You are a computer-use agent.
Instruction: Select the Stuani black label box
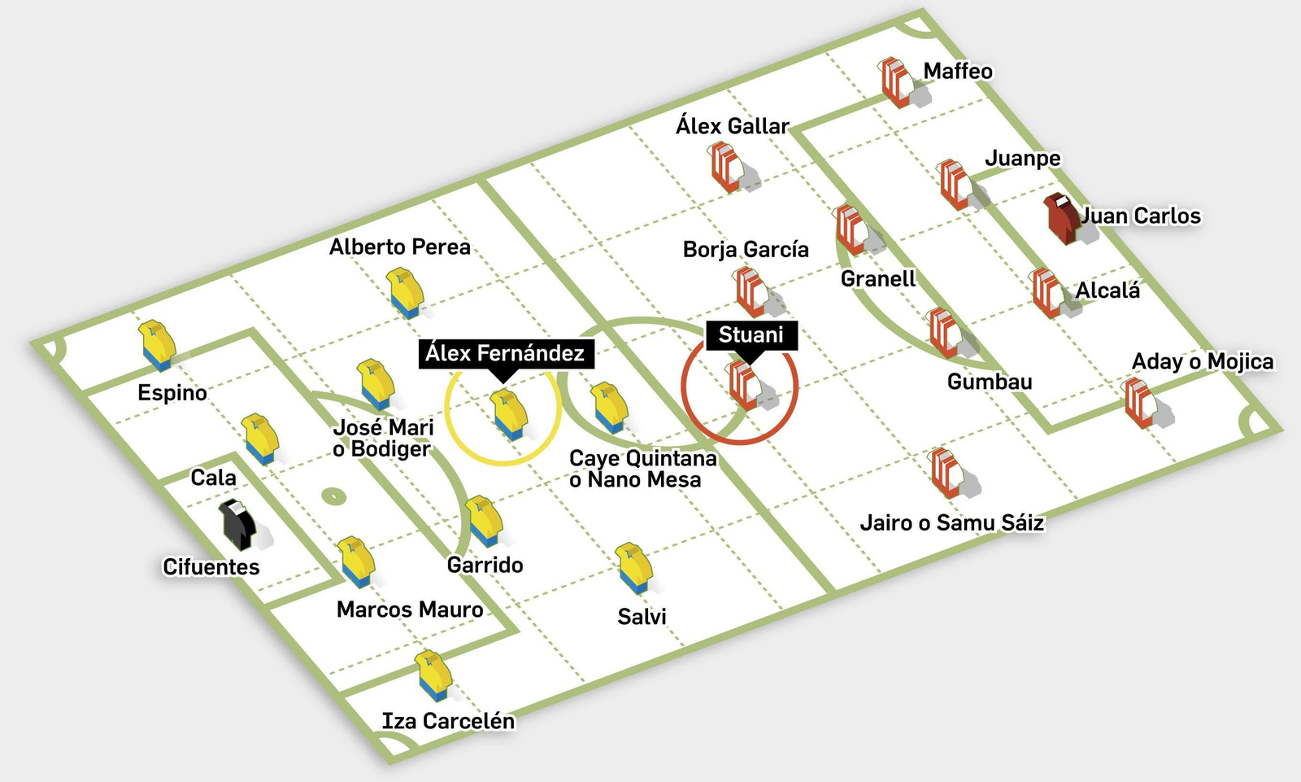coord(751,334)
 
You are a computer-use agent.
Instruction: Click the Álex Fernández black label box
coord(505,353)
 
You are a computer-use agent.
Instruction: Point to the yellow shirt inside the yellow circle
coord(507,413)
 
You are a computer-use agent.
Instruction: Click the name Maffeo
coord(958,72)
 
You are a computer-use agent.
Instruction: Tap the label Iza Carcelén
coord(448,721)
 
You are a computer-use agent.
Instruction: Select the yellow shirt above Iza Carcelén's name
coord(433,675)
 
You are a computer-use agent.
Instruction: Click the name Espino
coord(172,393)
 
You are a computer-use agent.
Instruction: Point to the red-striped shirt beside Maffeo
coord(897,82)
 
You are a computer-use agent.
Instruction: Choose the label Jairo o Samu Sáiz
coord(951,522)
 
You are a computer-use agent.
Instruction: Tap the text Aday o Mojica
coord(1203,361)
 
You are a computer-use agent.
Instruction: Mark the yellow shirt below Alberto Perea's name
coord(405,293)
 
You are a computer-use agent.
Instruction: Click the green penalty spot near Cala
coord(333,496)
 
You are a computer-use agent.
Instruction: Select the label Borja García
coord(746,249)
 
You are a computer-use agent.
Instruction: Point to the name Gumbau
coord(990,382)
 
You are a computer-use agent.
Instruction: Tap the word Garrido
coord(485,565)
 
